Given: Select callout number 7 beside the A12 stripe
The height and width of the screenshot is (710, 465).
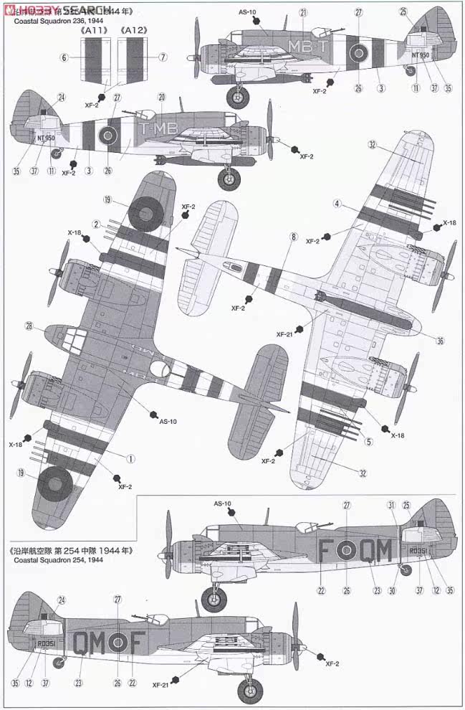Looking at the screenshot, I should [163, 57].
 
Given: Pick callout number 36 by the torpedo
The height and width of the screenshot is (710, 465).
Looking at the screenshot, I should [440, 341].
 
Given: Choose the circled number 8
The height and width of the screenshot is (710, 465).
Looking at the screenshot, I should [292, 237].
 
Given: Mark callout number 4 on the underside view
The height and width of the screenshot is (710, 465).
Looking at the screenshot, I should [337, 203].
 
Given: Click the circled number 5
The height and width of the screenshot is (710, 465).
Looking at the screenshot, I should [368, 441].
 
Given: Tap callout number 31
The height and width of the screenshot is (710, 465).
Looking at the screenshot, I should [392, 506].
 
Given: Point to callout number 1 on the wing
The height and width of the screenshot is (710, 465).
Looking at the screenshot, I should [131, 458].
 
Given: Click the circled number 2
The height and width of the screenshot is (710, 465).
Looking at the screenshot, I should [95, 223].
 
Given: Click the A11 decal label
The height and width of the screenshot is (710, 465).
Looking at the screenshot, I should [95, 31].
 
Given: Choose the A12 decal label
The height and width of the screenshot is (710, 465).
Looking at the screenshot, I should [135, 31].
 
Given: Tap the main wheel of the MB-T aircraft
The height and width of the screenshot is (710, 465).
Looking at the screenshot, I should [238, 95].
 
